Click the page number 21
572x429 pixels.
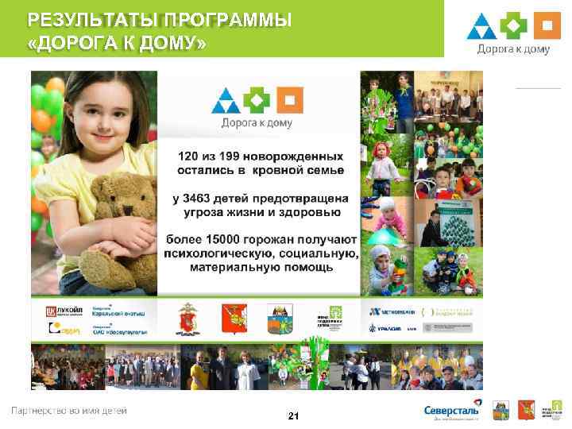[293, 415]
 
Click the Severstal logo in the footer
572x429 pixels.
[451, 411]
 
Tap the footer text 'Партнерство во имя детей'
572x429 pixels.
[68, 411]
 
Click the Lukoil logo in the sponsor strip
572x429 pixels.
[60, 311]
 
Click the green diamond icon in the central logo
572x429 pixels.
[258, 100]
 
